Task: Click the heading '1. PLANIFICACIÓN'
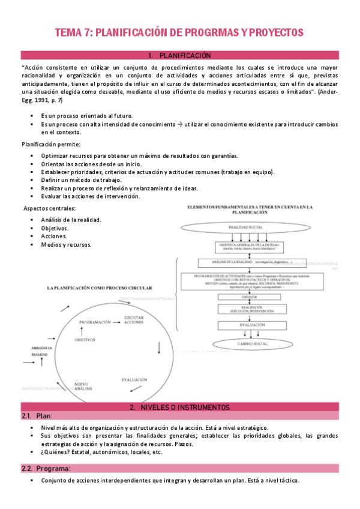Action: click(x=179, y=55)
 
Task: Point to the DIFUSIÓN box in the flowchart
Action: click(x=250, y=297)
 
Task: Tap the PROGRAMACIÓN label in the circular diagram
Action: click(x=95, y=322)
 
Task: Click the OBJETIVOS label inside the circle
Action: click(x=85, y=340)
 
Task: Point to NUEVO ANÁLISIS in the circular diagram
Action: click(x=82, y=387)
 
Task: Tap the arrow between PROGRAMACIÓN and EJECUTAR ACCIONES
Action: click(x=117, y=322)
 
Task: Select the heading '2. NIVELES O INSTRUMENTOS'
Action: click(x=179, y=408)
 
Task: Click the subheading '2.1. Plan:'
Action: click(x=37, y=416)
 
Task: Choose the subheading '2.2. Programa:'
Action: click(x=45, y=468)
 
